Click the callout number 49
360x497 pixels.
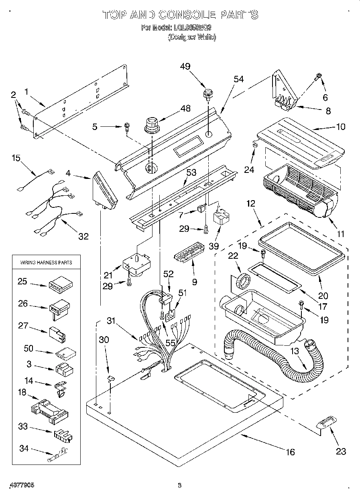point(185,67)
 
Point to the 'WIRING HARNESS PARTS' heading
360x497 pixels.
point(46,262)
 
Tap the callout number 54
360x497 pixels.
point(239,79)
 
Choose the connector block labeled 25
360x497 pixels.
point(61,285)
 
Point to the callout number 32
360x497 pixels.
point(83,236)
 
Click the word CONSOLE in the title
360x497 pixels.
point(187,15)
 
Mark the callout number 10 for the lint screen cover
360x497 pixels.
point(340,127)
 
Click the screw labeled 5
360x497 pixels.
point(126,127)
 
